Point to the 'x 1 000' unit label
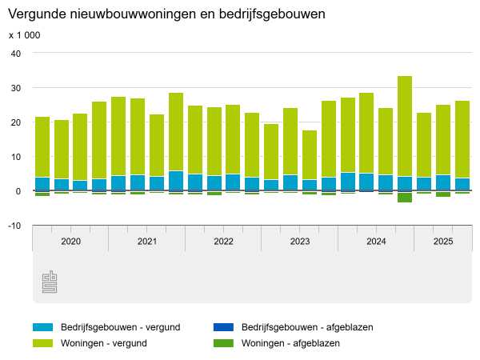pyautogui.click(x=24, y=35)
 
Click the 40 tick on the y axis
pyautogui.click(x=15, y=53)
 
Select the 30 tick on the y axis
pyautogui.click(x=15, y=87)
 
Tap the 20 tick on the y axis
pyautogui.click(x=15, y=122)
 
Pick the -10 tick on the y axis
pyautogui.click(x=14, y=226)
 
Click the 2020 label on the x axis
pyautogui.click(x=70, y=241)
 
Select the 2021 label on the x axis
pyautogui.click(x=146, y=241)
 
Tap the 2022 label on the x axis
pyautogui.click(x=223, y=241)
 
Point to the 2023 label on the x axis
pyautogui.click(x=299, y=241)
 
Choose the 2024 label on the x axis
pyautogui.click(x=376, y=241)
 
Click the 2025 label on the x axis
pyautogui.click(x=442, y=241)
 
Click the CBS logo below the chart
pyautogui.click(x=50, y=282)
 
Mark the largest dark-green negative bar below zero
pyautogui.click(x=405, y=198)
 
